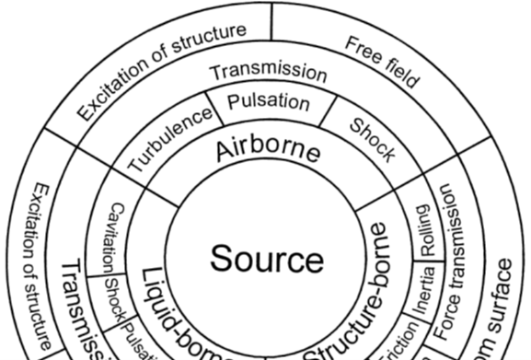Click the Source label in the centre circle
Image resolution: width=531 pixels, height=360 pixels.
click(x=266, y=259)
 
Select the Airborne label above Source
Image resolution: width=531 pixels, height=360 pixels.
click(x=270, y=150)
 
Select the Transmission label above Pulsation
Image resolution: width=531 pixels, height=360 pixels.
click(x=267, y=71)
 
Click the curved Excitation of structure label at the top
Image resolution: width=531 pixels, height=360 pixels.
click(x=160, y=71)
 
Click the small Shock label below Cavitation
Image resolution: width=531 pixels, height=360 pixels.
click(x=111, y=296)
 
